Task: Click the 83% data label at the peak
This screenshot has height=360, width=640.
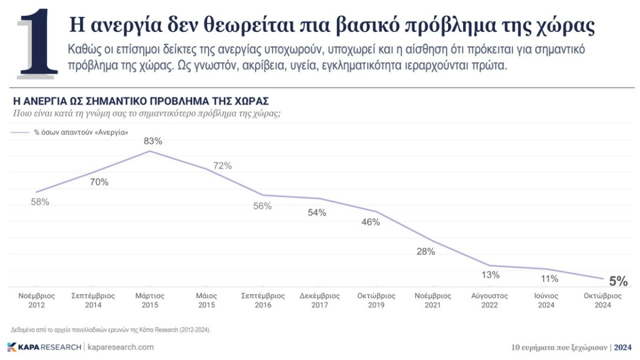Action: (x=153, y=141)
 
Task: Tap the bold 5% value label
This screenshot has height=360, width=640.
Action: (x=618, y=281)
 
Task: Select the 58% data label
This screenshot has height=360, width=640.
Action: (x=39, y=202)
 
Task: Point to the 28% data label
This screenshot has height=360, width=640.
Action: (x=425, y=251)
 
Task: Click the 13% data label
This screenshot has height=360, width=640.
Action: (x=490, y=274)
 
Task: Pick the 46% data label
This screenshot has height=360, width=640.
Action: (x=370, y=222)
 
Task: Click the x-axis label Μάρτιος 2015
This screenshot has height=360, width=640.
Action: (x=150, y=300)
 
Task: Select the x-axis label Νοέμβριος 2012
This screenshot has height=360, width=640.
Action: (x=36, y=300)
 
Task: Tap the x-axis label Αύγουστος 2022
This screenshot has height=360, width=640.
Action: (x=490, y=300)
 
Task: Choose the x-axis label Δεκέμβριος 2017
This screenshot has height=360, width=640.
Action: (x=320, y=300)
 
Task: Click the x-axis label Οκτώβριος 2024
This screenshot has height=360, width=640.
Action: (x=603, y=300)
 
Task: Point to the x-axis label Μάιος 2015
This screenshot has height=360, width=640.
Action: (x=206, y=300)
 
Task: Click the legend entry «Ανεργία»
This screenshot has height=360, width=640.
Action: (x=80, y=132)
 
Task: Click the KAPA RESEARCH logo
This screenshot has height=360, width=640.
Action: (x=44, y=347)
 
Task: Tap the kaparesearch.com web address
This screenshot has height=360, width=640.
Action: (x=120, y=347)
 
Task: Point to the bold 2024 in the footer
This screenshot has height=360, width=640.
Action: (x=622, y=347)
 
